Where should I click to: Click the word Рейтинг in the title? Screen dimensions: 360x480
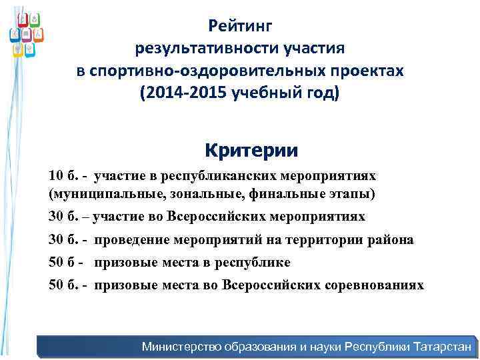click(x=240, y=26)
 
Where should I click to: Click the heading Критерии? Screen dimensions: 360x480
click(x=252, y=150)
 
